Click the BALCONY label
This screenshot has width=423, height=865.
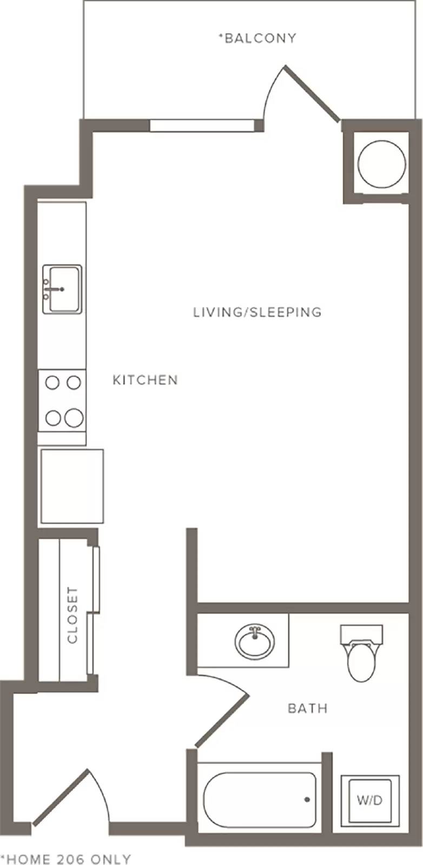[257, 38]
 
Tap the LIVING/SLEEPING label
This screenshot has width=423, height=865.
[257, 311]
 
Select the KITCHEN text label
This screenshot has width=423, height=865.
[146, 380]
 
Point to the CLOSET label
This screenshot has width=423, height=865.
[72, 615]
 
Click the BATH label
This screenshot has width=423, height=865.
[308, 708]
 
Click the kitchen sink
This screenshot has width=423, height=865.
[62, 289]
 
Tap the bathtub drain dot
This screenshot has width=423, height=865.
[307, 800]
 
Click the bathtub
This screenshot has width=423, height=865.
[260, 800]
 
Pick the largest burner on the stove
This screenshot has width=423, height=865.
[74, 418]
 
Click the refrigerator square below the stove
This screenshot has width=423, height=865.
[72, 486]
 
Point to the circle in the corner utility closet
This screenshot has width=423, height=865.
[382, 164]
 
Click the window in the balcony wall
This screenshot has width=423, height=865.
[202, 126]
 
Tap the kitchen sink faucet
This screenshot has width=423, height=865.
[54, 289]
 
